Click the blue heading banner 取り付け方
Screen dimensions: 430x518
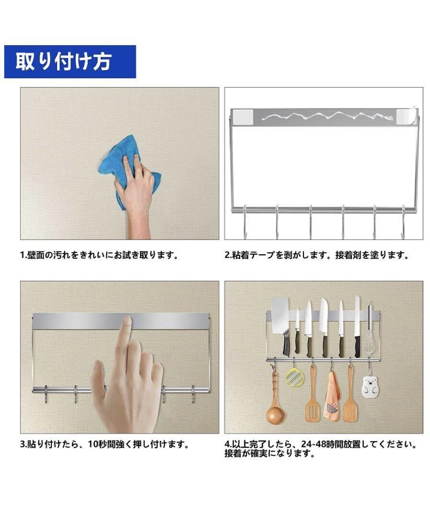tap(70, 62)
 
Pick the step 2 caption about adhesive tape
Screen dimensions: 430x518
tap(317, 255)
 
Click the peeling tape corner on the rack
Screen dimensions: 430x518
tap(407, 115)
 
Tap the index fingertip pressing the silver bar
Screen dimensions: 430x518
tap(126, 321)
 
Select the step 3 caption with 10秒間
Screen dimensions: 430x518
tap(105, 444)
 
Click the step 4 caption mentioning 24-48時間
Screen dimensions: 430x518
tap(320, 448)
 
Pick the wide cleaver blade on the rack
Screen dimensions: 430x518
tap(280, 316)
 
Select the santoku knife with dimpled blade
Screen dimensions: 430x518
tap(323, 317)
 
